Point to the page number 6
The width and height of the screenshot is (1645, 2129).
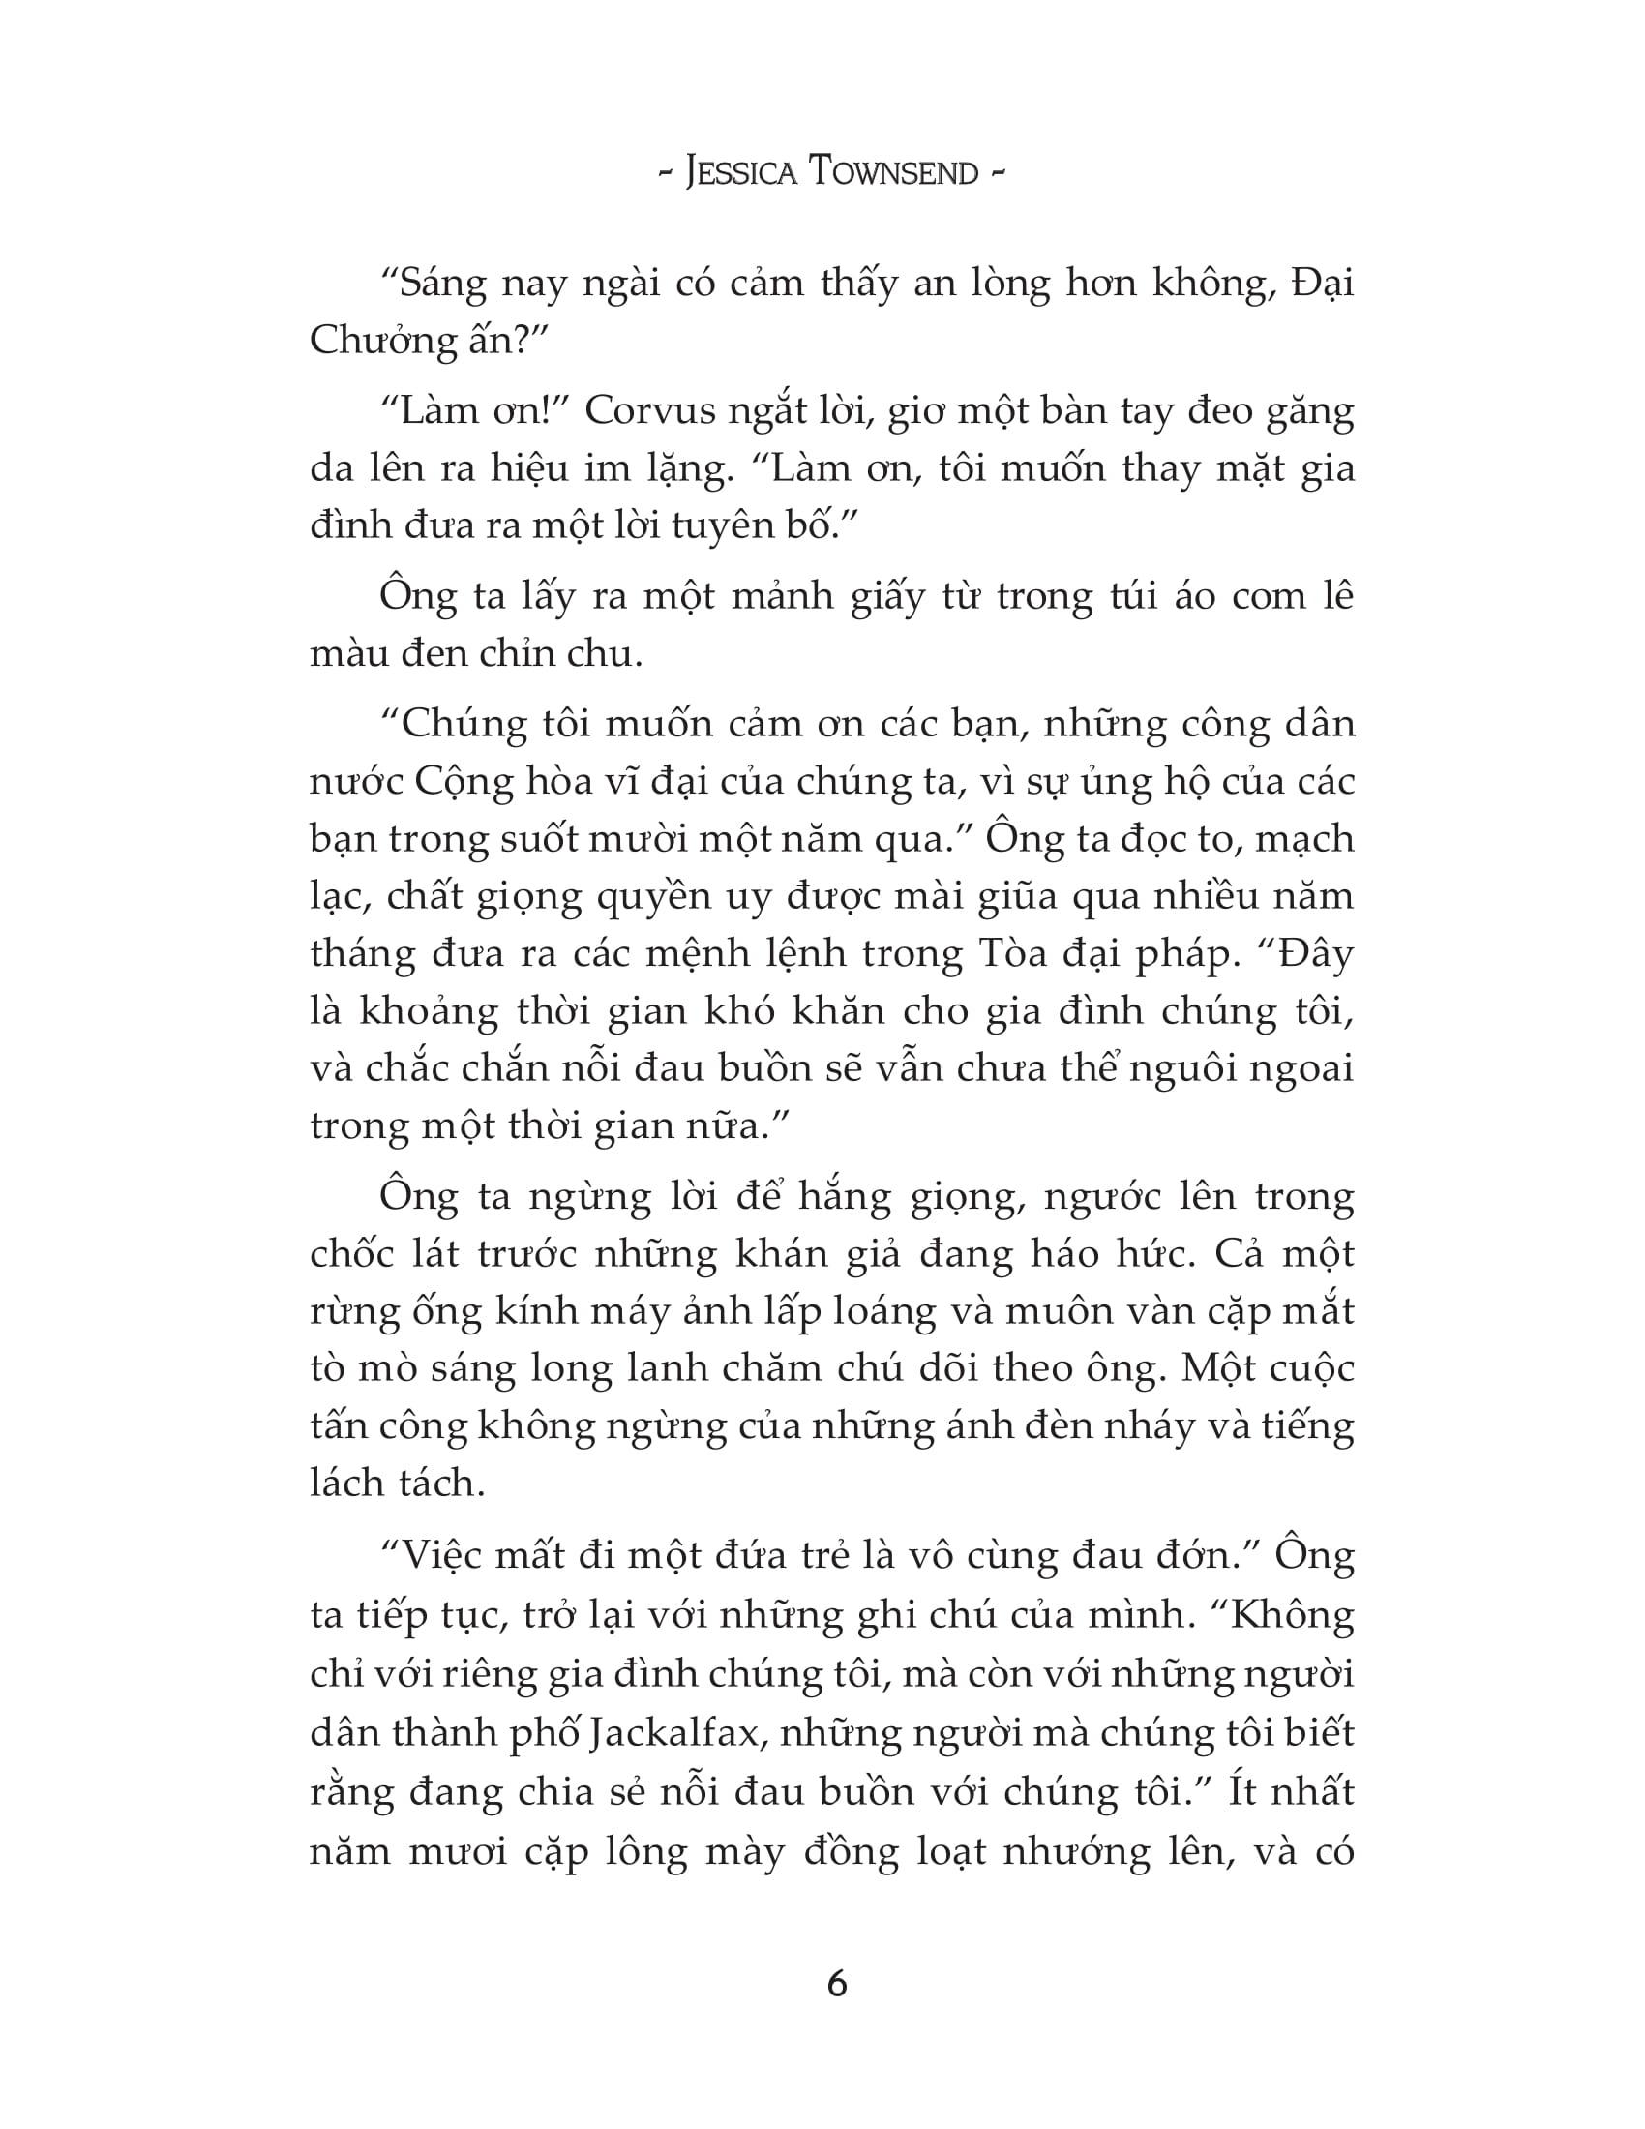[837, 1983]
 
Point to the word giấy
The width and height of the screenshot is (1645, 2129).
[884, 596]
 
